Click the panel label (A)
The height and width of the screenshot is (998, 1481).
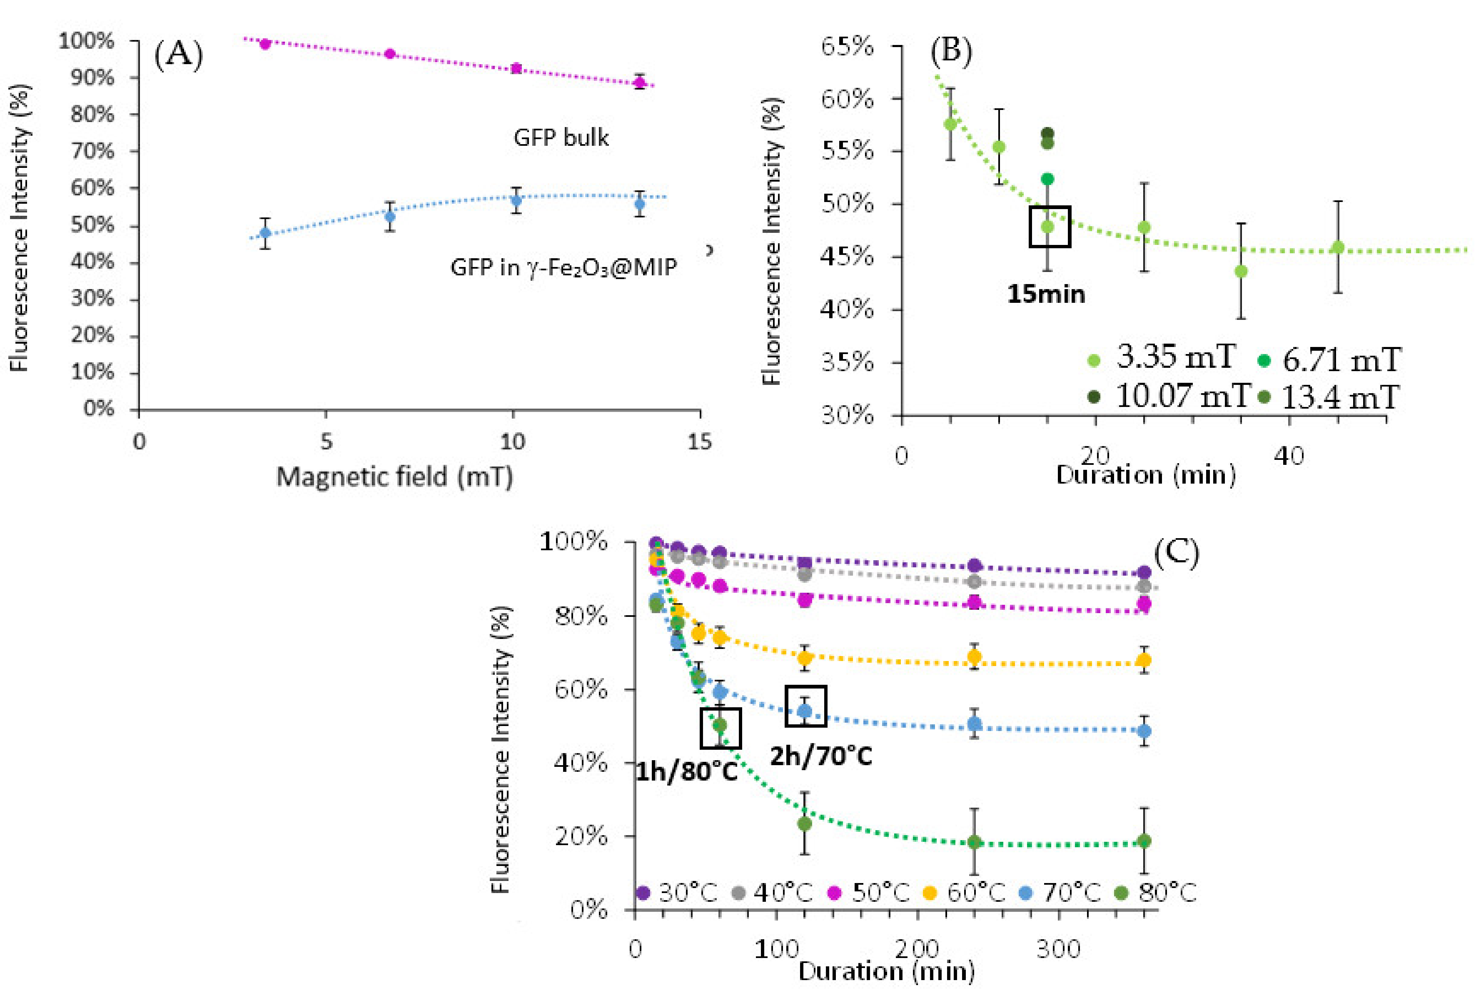click(178, 55)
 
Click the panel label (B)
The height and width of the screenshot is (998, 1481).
click(951, 51)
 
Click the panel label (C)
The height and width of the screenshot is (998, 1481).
click(1176, 553)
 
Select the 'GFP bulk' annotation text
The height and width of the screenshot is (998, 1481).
click(561, 137)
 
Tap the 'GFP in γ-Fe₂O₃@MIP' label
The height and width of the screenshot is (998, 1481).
click(563, 267)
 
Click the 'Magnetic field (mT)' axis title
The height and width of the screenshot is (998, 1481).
click(394, 477)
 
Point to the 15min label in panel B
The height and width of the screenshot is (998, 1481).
click(1046, 294)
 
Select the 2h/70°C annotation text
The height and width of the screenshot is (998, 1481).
click(821, 756)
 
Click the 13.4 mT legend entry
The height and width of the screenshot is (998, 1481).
click(1330, 398)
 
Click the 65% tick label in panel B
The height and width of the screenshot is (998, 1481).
click(847, 47)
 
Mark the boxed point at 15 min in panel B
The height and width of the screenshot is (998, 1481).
click(1047, 227)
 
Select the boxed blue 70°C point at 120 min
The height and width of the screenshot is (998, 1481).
click(805, 710)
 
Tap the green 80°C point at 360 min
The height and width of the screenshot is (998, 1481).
click(1144, 841)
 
